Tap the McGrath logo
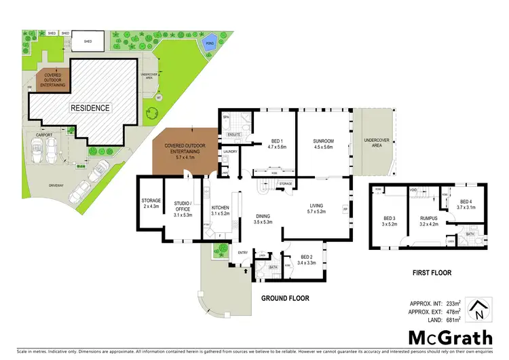pos(442,337)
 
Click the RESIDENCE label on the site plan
pos(92,107)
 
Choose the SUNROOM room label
pos(323,140)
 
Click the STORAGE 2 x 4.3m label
pos(150,204)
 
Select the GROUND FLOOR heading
pos(285,298)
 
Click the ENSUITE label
pos(233,135)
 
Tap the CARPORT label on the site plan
pos(35,135)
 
